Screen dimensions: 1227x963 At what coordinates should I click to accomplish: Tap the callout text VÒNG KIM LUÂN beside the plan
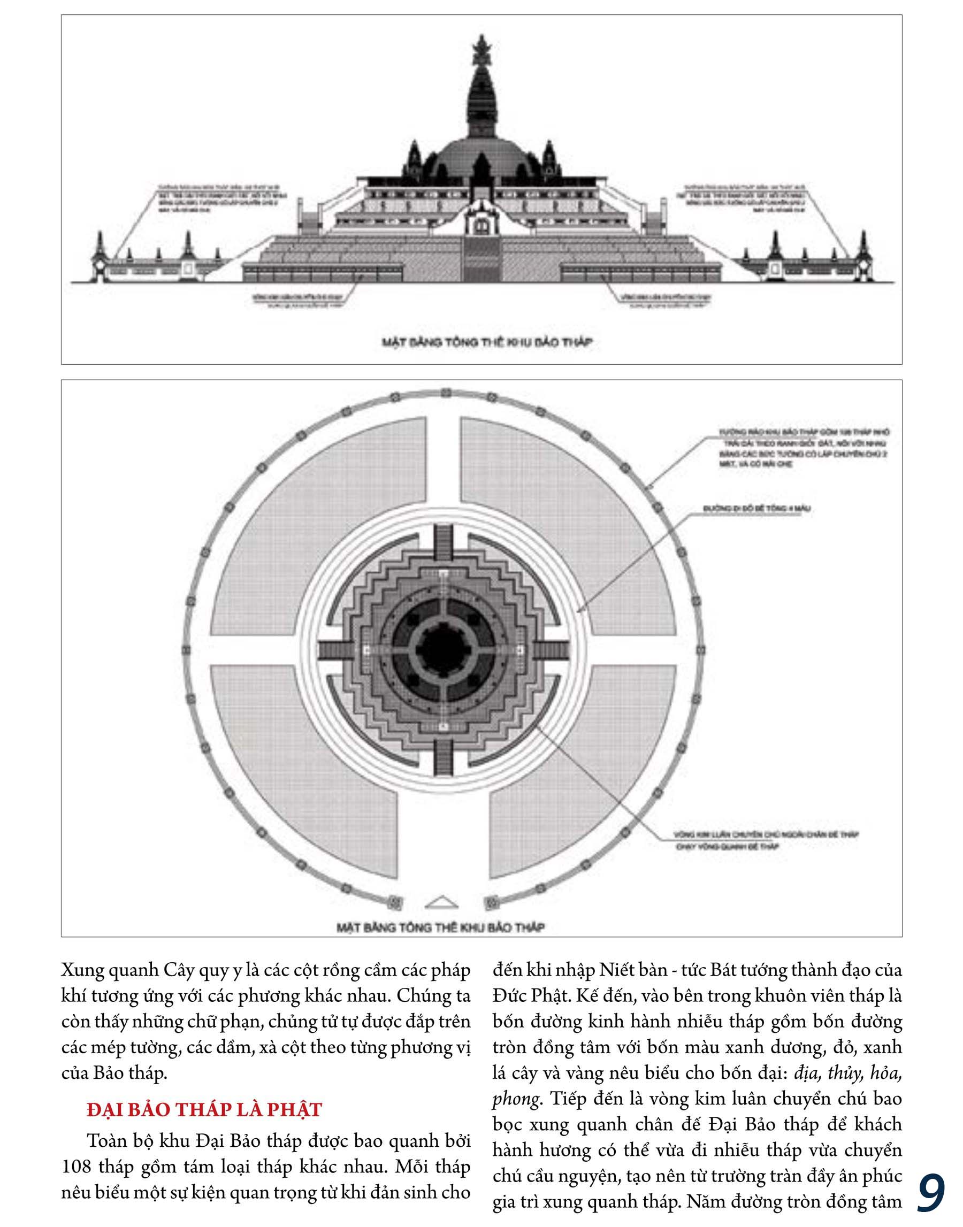tap(766, 835)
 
